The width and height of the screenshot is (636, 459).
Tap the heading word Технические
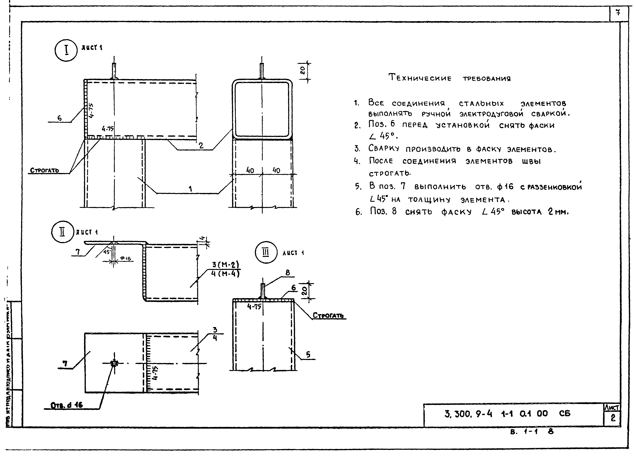tap(420, 78)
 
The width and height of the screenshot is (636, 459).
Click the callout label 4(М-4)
tap(225, 273)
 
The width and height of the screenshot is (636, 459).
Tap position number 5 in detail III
tap(308, 354)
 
